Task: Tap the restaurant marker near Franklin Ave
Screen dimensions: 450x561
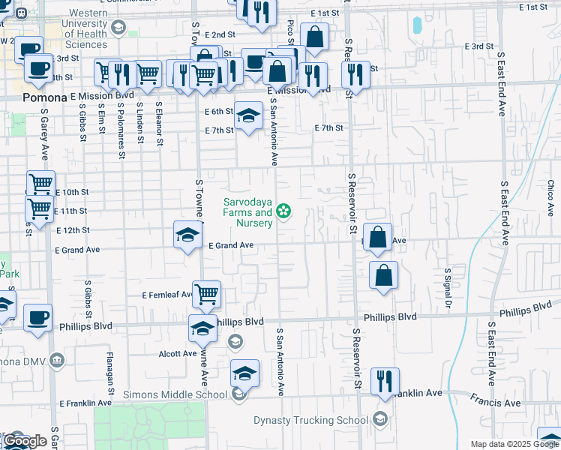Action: click(x=385, y=380)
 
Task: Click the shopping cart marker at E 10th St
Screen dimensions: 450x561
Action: click(x=40, y=183)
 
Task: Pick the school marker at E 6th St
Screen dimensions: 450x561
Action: click(x=248, y=115)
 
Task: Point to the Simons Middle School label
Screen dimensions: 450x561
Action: click(x=191, y=394)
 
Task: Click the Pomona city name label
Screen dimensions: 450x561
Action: click(x=45, y=97)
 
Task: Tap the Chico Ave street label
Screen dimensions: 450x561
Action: click(x=550, y=195)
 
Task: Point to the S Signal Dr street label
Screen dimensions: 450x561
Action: click(x=448, y=288)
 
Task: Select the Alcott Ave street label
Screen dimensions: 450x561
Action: click(x=177, y=353)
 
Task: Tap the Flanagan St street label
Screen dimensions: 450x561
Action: click(x=109, y=373)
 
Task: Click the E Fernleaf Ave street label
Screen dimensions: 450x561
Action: click(x=166, y=296)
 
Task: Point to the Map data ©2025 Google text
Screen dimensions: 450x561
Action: click(x=514, y=444)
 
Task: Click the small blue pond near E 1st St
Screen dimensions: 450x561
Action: click(x=416, y=25)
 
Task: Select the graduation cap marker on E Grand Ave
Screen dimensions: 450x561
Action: click(x=187, y=234)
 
